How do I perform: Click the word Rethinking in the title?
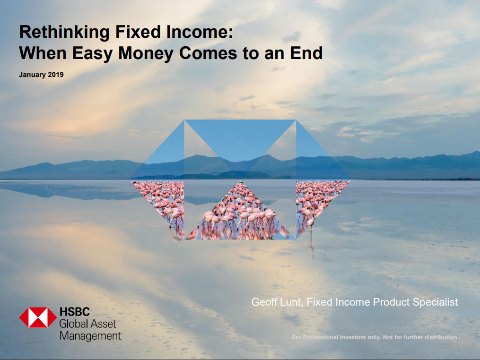click(64, 33)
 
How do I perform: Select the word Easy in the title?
click(92, 53)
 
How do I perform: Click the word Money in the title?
click(146, 53)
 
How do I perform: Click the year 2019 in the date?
click(55, 75)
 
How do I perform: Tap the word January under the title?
click(32, 75)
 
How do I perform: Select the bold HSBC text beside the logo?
click(75, 312)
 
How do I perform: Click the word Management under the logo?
click(90, 336)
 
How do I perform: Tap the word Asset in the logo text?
click(103, 324)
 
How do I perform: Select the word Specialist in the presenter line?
click(435, 302)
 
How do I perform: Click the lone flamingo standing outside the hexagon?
click(311, 228)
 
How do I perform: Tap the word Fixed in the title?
click(138, 32)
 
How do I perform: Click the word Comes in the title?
click(208, 53)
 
